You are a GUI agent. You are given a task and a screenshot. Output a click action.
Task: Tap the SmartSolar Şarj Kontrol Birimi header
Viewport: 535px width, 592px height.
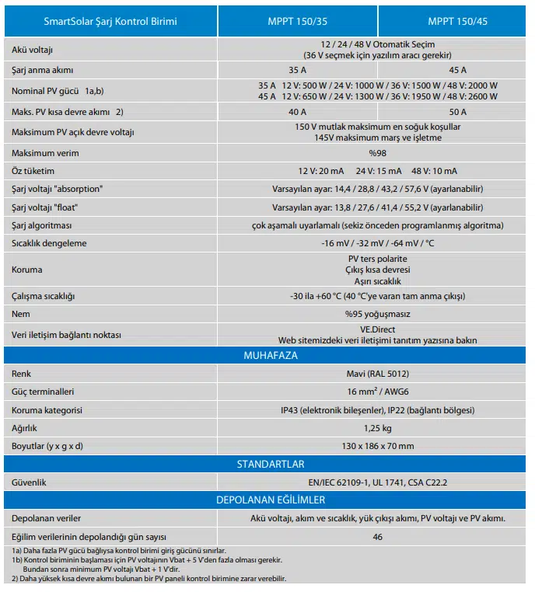(110, 21)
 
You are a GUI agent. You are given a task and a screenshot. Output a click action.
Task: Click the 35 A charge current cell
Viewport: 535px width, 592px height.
(299, 70)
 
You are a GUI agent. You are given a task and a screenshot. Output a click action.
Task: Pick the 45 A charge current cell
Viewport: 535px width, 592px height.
(458, 70)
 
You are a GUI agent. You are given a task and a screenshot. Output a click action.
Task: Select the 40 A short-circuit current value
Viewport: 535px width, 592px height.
(297, 112)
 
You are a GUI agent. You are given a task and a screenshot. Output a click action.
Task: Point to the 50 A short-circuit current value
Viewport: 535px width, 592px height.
(457, 112)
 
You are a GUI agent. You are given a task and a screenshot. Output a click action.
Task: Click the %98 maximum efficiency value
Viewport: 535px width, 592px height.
(378, 153)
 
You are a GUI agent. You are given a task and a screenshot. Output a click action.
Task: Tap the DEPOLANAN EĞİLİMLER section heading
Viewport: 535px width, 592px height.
(270, 500)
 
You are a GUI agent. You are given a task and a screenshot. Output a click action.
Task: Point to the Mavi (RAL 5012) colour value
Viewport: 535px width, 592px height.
(378, 374)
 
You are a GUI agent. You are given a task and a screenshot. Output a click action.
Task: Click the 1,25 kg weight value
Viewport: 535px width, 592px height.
(378, 428)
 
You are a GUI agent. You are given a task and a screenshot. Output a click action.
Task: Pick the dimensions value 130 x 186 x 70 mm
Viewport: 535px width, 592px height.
(378, 446)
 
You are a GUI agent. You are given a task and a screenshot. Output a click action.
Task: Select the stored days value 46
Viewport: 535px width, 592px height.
(378, 537)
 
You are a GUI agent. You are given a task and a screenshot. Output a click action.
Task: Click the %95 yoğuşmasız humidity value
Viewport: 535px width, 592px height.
(378, 315)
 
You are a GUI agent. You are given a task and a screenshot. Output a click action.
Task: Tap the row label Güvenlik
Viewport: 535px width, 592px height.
(30, 482)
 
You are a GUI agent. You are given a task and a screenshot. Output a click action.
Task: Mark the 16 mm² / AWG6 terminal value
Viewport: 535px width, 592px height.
(378, 392)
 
